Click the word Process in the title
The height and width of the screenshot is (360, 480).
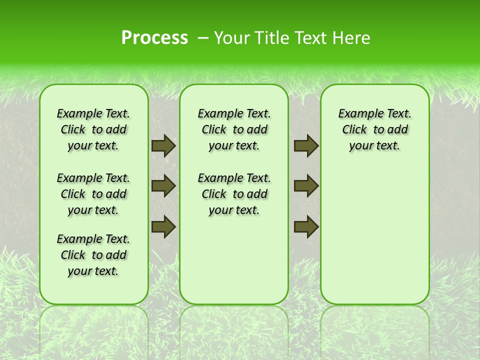point(154,37)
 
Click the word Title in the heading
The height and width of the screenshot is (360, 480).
point(273,37)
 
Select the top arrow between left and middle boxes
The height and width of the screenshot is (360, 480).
point(163,145)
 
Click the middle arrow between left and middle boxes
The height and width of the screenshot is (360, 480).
point(163,186)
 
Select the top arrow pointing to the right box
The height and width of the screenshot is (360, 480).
point(306,145)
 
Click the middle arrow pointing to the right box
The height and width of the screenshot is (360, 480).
point(306,186)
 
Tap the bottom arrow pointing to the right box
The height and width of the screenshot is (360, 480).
point(306,226)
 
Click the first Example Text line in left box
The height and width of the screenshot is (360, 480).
point(93,113)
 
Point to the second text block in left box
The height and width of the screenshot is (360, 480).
point(93,194)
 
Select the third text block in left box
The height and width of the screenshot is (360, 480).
point(93,255)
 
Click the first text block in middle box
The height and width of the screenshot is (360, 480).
point(234,129)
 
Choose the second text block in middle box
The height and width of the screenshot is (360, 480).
point(234,194)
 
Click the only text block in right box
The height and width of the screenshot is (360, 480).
point(374,129)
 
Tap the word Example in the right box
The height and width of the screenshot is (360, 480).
point(357,113)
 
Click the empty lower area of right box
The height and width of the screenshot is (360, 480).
point(374,235)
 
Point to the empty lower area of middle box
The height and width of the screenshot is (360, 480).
point(234,260)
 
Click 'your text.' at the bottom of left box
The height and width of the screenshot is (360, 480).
point(93,271)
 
